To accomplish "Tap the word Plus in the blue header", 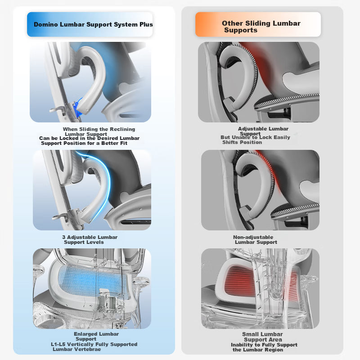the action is pyautogui.click(x=146, y=24).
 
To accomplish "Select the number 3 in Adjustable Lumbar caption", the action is pyautogui.click(x=63, y=237).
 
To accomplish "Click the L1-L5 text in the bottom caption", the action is pyautogui.click(x=58, y=344).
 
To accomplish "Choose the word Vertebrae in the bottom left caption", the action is pyautogui.click(x=89, y=349).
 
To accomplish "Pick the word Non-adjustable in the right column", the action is pyautogui.click(x=253, y=237).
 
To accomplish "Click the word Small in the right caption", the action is pyautogui.click(x=250, y=334).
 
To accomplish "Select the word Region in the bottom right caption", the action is pyautogui.click(x=274, y=350).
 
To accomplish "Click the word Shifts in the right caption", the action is pyautogui.click(x=229, y=142).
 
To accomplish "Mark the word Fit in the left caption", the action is pyautogui.click(x=124, y=143).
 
